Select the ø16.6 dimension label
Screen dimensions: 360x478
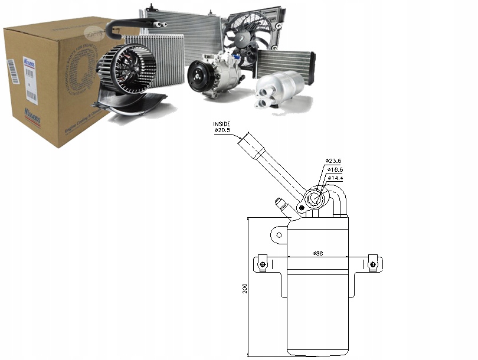pos(335,169)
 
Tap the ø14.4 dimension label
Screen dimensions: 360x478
pos(335,178)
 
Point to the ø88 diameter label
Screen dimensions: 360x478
pos(317,253)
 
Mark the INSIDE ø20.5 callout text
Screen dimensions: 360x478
pos(222,126)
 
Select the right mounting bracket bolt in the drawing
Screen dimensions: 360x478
pos(372,263)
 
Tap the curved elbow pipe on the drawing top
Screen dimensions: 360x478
pos(339,198)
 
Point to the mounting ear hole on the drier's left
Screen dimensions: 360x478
pos(279,235)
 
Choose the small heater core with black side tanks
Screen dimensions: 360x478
pos(284,63)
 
